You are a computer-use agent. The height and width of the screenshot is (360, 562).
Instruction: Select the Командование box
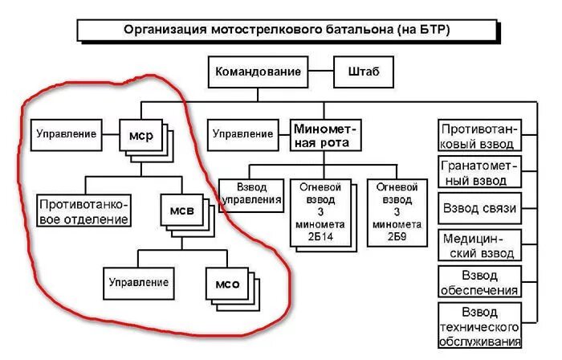coord(258,72)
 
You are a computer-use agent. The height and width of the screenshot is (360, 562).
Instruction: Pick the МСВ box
coord(181,211)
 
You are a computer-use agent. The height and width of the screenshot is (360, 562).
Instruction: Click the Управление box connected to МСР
coord(67,134)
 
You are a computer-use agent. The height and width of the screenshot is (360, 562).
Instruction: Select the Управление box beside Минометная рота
coord(242,134)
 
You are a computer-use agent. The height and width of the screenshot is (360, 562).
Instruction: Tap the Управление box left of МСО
coord(140,283)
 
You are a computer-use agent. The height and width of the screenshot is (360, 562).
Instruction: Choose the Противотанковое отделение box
coord(84,211)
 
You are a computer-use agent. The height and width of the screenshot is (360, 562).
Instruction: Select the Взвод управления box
coord(251,194)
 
